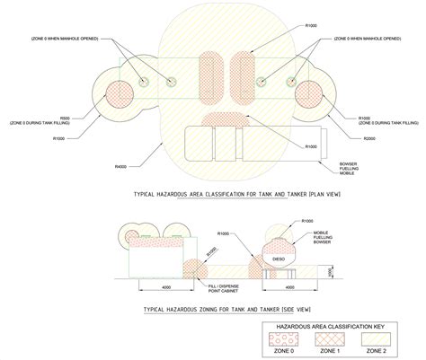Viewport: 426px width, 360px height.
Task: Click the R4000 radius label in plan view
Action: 120,167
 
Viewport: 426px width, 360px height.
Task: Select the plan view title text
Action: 235,193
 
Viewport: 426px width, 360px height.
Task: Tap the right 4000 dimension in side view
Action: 290,287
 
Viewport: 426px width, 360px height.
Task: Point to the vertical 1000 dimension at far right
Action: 330,270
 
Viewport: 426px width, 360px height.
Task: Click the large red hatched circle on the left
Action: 116,100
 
